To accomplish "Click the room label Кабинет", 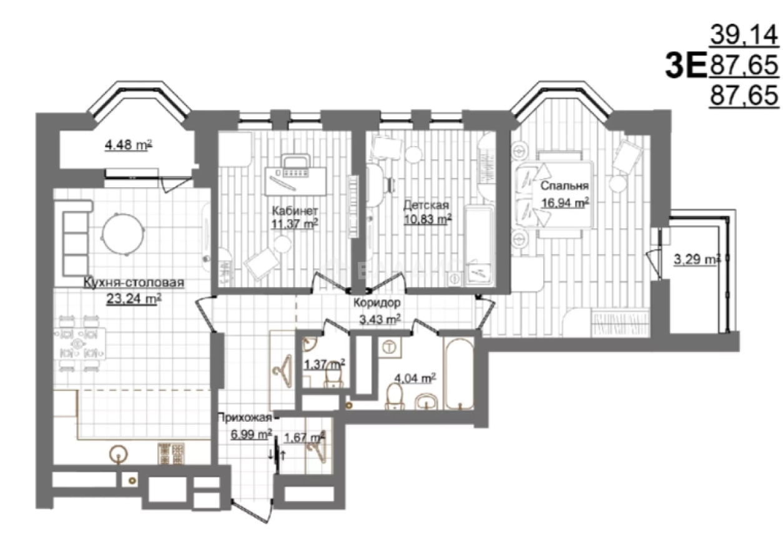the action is pos(295,211).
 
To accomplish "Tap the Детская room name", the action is pos(426,205).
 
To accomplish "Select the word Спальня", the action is pos(564,186).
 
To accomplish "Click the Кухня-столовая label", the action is pos(134,282).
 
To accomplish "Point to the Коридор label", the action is pos(377,303).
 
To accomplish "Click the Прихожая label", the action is pos(244,417).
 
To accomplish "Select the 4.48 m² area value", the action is pos(128,145).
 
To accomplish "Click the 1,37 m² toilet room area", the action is pos(325,364).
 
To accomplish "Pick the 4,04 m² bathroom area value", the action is pos(415,378).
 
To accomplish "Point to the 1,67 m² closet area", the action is pos(305,437).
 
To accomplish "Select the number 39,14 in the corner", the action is pos(744,36).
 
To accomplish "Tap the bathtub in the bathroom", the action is pos(458,373).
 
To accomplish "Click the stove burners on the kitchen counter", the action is pos(171,454).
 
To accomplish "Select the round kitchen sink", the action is pos(119,454).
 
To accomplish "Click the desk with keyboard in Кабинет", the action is pos(295,181).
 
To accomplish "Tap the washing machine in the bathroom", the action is pos(390,348).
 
